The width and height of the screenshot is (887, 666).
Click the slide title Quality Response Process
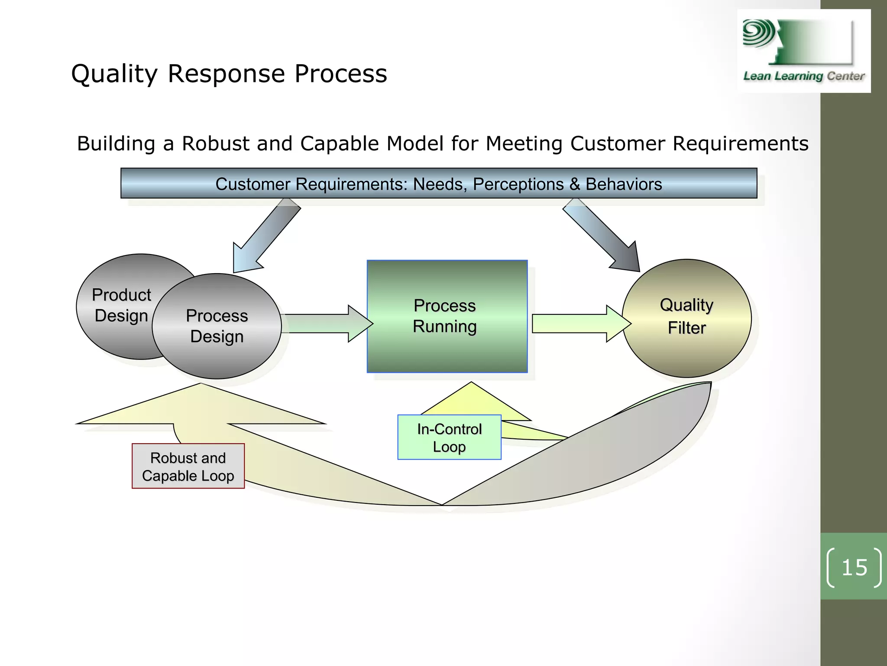[229, 74]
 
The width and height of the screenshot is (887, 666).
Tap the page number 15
[854, 568]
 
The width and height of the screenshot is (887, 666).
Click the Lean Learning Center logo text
[804, 76]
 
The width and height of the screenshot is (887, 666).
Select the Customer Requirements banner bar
[438, 183]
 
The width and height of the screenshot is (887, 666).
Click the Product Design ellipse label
[121, 305]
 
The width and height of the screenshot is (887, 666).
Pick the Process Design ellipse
[217, 326]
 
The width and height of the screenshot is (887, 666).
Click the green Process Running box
[447, 316]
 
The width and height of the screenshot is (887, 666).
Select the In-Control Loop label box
[449, 437]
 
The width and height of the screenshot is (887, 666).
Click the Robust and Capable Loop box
[188, 467]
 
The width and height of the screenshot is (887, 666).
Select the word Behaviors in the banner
[624, 184]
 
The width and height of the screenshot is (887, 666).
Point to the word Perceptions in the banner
[518, 184]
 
